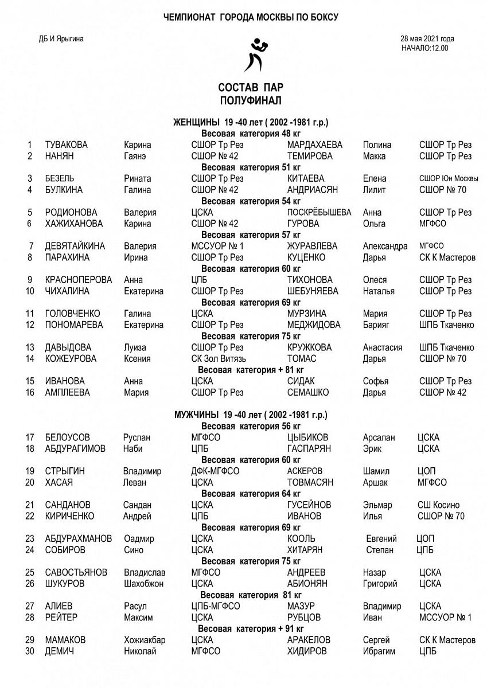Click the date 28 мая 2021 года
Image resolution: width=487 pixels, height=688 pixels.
click(427, 39)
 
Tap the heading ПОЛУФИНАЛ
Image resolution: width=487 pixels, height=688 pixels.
click(250, 101)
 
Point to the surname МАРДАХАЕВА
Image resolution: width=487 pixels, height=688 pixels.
click(314, 145)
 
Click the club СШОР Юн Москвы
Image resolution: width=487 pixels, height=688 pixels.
click(449, 179)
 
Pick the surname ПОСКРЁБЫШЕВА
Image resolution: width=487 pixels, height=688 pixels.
click(319, 213)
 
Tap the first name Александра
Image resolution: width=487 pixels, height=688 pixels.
click(385, 247)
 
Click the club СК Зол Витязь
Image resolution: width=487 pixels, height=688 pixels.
click(216, 359)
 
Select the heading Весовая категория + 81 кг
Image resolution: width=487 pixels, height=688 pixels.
click(251, 370)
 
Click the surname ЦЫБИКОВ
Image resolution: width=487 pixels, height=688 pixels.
click(307, 437)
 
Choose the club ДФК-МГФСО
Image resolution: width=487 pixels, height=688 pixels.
click(215, 471)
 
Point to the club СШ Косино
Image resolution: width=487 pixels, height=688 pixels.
click(438, 505)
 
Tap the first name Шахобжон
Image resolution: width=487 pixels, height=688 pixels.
click(143, 584)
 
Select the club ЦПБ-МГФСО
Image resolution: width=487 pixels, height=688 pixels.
click(215, 606)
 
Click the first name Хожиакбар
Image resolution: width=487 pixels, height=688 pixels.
click(145, 640)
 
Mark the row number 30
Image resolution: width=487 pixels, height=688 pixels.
click(30, 651)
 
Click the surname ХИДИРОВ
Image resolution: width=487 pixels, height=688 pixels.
click(307, 651)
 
